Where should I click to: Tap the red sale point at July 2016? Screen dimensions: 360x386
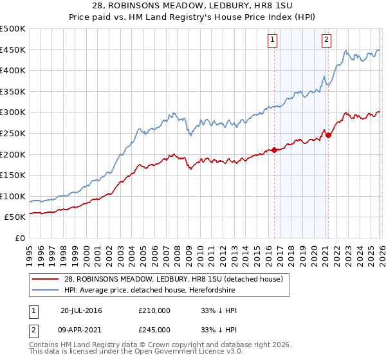[x=274, y=150]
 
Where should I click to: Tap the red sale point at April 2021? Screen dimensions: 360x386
[x=328, y=135]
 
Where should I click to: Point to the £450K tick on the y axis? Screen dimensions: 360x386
[x=14, y=50]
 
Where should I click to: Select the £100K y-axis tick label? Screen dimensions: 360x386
[x=14, y=196]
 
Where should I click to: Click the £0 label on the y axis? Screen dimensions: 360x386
[x=19, y=239]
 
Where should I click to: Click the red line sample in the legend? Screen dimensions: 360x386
[x=46, y=279]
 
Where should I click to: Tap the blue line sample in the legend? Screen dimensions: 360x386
[x=46, y=291]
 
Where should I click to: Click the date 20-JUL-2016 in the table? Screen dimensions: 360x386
[x=81, y=310]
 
